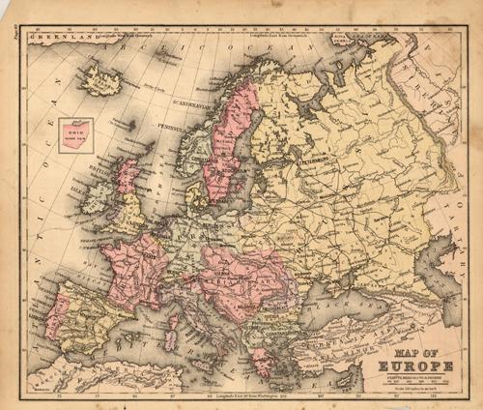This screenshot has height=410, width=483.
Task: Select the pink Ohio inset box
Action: point(75,134)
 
